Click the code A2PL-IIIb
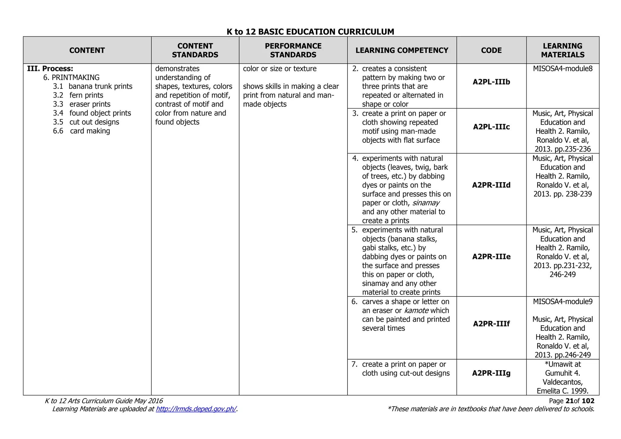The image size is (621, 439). pyautogui.click(x=491, y=82)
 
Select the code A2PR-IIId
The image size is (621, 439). pyautogui.click(x=491, y=185)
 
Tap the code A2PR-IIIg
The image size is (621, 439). pyautogui.click(x=491, y=373)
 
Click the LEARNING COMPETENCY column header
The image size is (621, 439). pyautogui.click(x=402, y=50)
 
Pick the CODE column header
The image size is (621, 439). pyautogui.click(x=491, y=50)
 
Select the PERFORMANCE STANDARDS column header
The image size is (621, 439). pyautogui.click(x=293, y=50)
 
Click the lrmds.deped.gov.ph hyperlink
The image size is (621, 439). pyautogui.click(x=196, y=409)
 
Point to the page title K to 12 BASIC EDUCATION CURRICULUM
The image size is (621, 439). pyautogui.click(x=310, y=32)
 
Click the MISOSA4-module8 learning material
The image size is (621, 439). pyautogui.click(x=562, y=69)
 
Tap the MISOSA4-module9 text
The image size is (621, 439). pyautogui.click(x=562, y=301)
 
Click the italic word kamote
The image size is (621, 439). pyautogui.click(x=416, y=310)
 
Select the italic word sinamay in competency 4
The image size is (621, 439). pyautogui.click(x=426, y=203)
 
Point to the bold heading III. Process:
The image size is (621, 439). pyautogui.click(x=50, y=69)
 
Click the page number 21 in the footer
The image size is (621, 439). pyautogui.click(x=569, y=401)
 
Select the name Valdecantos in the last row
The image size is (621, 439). pyautogui.click(x=562, y=382)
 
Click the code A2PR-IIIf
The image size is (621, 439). pyautogui.click(x=491, y=324)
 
